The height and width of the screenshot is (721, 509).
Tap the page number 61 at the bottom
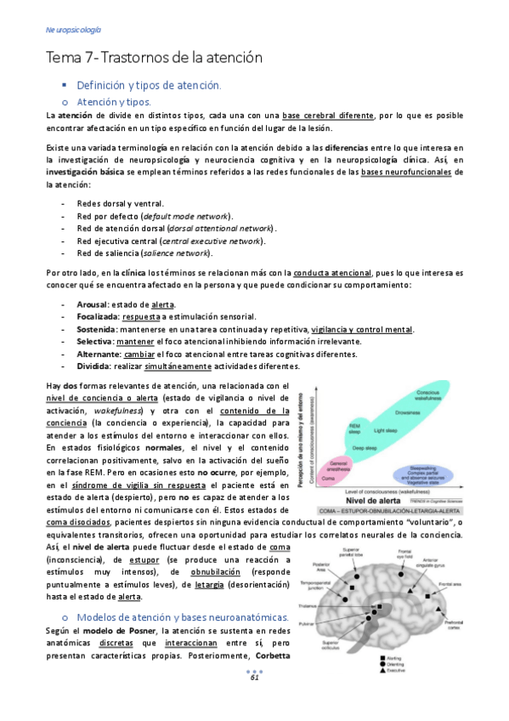[x=254, y=701]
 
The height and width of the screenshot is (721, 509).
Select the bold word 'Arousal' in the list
[x=93, y=304]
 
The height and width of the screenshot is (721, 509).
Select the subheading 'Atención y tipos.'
[x=114, y=101]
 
